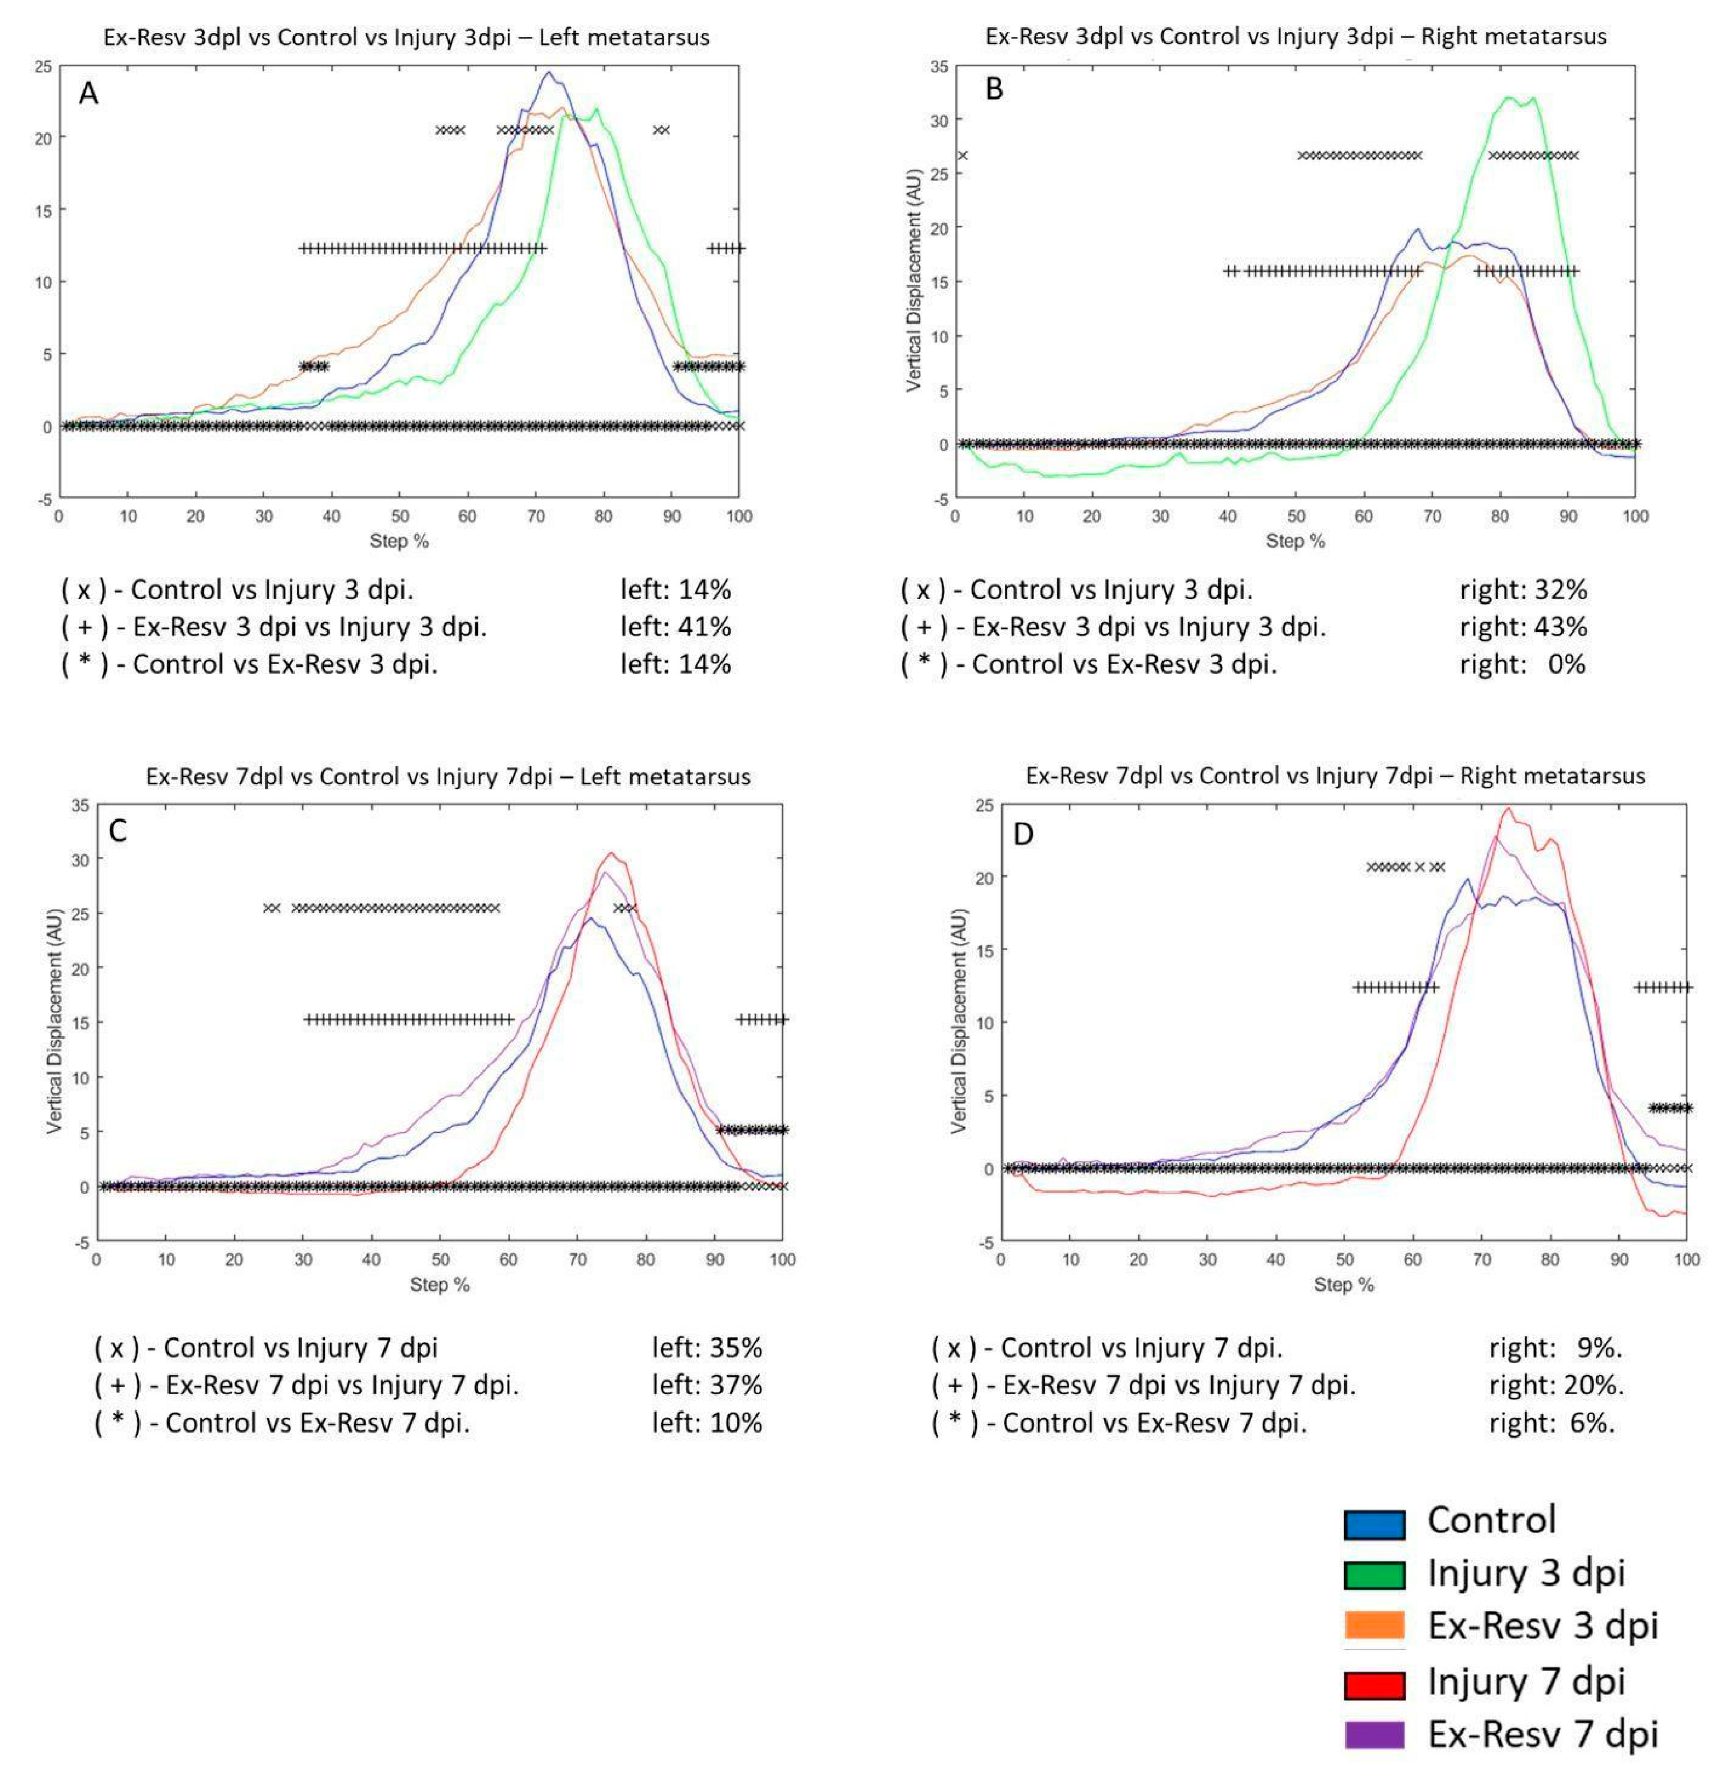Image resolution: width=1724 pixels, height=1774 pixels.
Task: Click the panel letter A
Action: coord(88,93)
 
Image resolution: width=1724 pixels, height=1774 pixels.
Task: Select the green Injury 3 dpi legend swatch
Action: coord(1373,1576)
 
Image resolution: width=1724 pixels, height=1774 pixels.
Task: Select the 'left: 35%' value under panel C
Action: coord(707,1348)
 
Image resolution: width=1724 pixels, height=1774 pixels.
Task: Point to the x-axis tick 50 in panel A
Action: coord(400,516)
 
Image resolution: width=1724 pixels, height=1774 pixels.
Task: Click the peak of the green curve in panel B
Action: coord(1510,97)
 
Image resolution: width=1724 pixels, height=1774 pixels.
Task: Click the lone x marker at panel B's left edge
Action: coord(962,156)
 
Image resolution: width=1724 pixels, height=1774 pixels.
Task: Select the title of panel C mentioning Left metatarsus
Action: coord(448,777)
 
